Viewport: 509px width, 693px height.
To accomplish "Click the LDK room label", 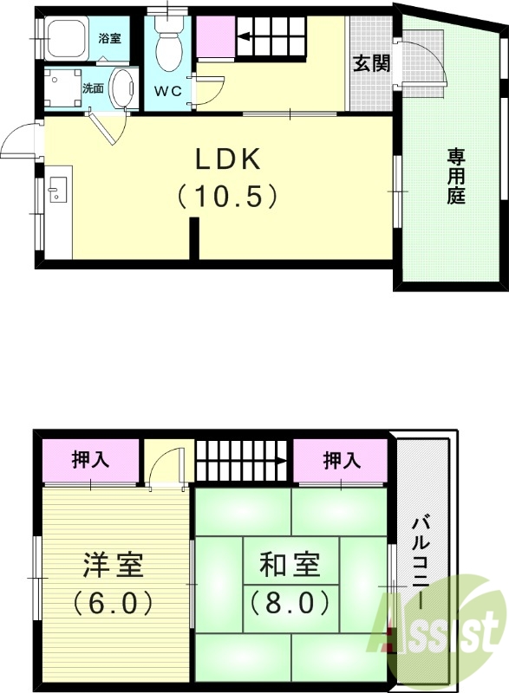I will point(227,161).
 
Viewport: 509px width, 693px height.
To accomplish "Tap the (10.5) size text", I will point(227,196).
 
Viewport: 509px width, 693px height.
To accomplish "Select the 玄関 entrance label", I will point(370,64).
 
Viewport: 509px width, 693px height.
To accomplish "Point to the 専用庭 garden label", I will point(456,176).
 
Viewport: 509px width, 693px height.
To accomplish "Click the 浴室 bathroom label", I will point(109,39).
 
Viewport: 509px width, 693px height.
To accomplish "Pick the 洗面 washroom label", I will point(93,88).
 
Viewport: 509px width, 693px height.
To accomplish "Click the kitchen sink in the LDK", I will point(57,190).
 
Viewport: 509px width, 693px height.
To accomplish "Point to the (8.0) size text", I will point(290,599).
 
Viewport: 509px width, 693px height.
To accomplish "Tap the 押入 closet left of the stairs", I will point(90,460).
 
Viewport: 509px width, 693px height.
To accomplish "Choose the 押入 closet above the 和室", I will point(342,460).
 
